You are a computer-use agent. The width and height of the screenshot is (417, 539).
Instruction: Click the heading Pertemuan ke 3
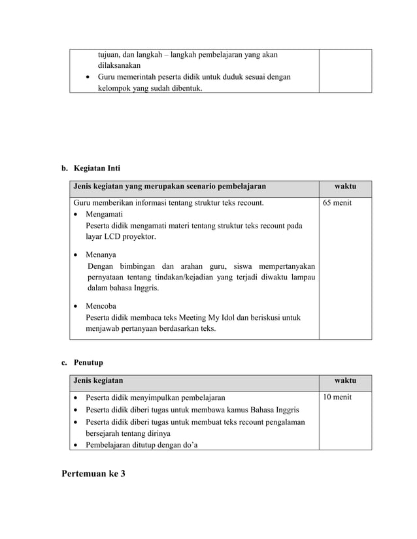click(x=93, y=473)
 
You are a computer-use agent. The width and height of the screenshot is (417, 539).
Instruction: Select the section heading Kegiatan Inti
click(x=97, y=168)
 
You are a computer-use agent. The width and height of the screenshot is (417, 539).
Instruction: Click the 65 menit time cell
click(x=337, y=203)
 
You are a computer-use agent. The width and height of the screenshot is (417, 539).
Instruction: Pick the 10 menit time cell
click(x=337, y=397)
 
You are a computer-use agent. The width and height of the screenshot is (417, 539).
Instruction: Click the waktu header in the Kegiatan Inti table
click(x=345, y=187)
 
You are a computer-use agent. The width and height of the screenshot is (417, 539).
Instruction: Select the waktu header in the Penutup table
click(x=345, y=380)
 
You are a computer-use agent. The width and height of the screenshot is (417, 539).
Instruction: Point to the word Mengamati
click(x=104, y=214)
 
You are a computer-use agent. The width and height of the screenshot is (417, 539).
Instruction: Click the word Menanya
click(x=101, y=254)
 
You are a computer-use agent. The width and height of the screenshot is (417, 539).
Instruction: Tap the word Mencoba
click(x=101, y=305)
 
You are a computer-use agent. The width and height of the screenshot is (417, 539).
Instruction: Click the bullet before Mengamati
click(x=77, y=215)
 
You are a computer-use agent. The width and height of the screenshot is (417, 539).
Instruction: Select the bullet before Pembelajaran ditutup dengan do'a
click(x=77, y=446)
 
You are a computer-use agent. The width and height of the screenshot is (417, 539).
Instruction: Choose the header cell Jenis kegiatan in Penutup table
click(x=98, y=380)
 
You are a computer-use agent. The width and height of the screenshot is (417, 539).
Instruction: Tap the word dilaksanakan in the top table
click(x=120, y=66)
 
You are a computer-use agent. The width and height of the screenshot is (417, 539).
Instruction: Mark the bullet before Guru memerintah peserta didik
click(x=89, y=78)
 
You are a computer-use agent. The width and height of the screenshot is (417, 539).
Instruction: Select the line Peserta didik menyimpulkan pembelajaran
click(x=156, y=397)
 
